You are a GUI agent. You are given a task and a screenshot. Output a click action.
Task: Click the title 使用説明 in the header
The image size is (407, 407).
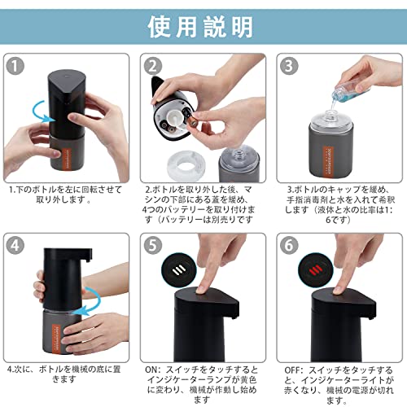(x=200, y=27)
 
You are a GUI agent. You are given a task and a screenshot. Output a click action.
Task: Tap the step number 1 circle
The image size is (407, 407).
(x=15, y=66)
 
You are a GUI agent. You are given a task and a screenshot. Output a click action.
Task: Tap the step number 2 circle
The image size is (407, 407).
(x=153, y=66)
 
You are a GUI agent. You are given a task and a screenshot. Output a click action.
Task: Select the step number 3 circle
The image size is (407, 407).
(x=289, y=66)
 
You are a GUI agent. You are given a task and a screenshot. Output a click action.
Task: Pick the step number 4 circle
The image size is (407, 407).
(x=15, y=245)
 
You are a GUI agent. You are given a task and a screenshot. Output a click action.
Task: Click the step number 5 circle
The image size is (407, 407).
(x=153, y=245)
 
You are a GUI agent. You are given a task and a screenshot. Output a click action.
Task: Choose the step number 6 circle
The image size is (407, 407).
(x=289, y=245)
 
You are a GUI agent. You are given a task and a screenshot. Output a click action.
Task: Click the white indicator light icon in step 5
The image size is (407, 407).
(x=179, y=269)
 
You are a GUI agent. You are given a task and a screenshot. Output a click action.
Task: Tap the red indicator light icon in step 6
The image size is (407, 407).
(x=315, y=269)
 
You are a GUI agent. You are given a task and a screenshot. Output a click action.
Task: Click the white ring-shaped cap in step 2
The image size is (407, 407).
(x=183, y=165)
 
